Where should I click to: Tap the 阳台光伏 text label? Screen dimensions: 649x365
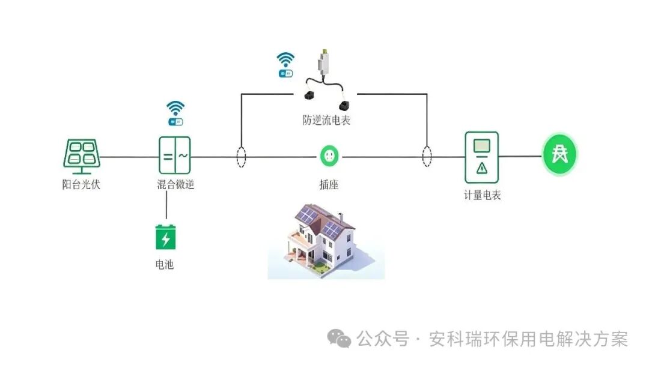(x=81, y=185)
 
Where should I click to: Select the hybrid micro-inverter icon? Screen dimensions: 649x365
(x=175, y=157)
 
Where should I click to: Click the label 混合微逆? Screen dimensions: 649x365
(x=175, y=185)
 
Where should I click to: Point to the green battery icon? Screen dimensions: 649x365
(x=165, y=237)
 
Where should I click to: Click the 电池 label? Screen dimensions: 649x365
(x=164, y=264)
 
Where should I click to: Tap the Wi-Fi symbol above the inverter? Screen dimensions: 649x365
(x=175, y=108)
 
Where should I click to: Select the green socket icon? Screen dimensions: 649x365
(x=329, y=157)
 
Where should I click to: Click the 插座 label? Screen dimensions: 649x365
(x=329, y=185)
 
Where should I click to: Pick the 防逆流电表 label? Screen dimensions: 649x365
(x=326, y=120)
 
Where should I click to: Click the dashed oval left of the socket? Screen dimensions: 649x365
(x=241, y=157)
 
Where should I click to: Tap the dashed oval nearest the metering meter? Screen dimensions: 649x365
(x=427, y=157)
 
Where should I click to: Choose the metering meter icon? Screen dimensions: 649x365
(x=481, y=157)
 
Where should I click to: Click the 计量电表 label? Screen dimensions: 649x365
(x=482, y=195)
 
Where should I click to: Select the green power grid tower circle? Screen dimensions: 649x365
(x=560, y=155)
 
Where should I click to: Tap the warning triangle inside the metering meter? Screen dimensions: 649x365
(x=481, y=168)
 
